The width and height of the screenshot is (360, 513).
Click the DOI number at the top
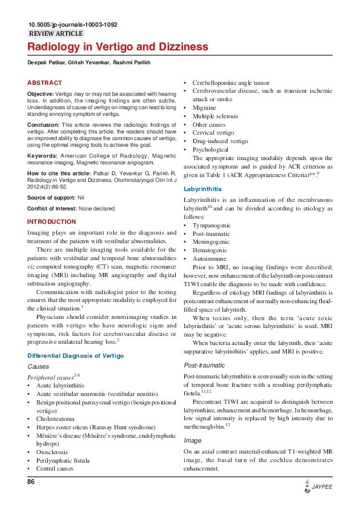[73, 25]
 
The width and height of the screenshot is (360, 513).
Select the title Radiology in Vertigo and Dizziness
[118, 47]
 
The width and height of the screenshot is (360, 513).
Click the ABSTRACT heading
[44, 82]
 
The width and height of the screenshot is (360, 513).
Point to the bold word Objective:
[41, 95]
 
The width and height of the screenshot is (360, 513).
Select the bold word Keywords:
[43, 156]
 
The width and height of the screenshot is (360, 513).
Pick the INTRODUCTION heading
[52, 222]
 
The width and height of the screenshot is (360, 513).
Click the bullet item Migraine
[204, 107]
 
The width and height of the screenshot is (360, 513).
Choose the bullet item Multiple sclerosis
[215, 116]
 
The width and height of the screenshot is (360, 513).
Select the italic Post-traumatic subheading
[204, 366]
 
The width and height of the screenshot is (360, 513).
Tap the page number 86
[32, 482]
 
